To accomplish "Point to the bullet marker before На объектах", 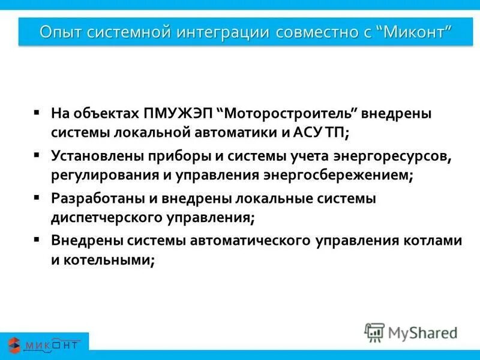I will [37, 112].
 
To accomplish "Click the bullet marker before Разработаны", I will [37, 197].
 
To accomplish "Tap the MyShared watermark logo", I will [411, 332].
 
